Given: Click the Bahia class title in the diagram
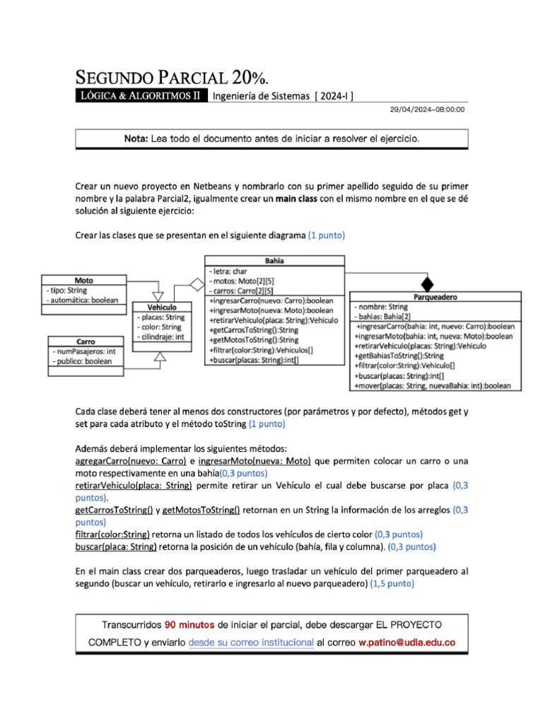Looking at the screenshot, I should point(274,260).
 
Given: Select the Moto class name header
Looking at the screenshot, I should point(83,280).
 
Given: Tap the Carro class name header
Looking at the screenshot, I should point(86,341).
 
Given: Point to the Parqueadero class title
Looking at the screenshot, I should point(436,297).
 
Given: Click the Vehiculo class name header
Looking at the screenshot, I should point(162,308).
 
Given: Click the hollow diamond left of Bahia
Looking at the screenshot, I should point(194,284).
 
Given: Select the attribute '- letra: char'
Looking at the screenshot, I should point(228,271).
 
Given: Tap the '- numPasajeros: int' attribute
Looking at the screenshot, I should point(83,351).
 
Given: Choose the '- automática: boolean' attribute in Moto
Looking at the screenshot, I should point(82,300).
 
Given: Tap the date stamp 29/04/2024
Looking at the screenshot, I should point(412,110).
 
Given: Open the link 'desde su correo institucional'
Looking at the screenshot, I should point(251,643).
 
